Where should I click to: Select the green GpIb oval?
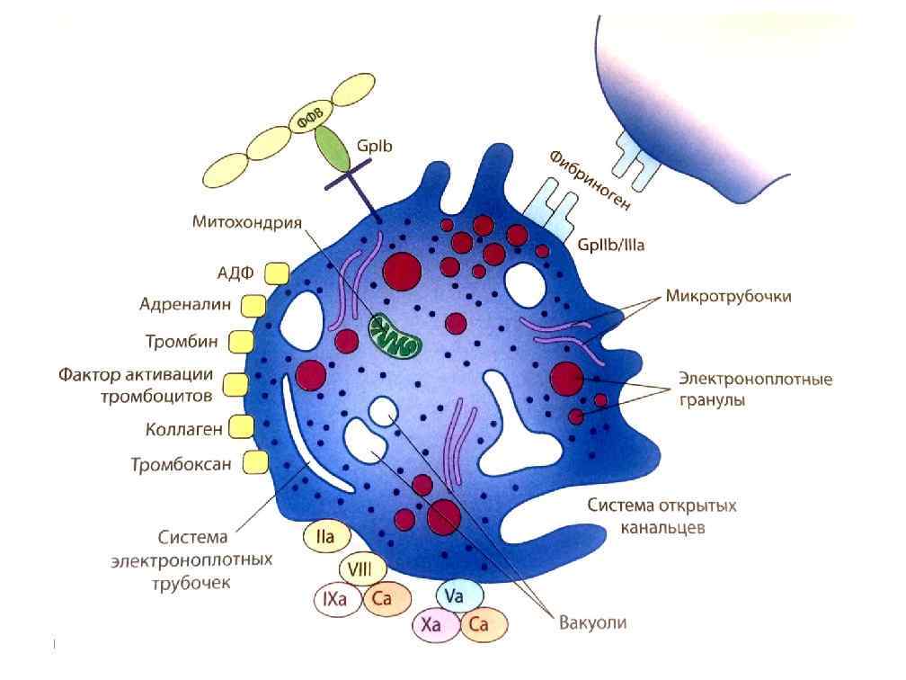334,151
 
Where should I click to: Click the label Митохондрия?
246,222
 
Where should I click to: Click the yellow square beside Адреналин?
253,306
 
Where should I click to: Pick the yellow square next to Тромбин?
242,342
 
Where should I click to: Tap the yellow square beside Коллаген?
240,426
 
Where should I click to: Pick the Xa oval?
436,625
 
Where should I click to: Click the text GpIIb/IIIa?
614,244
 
